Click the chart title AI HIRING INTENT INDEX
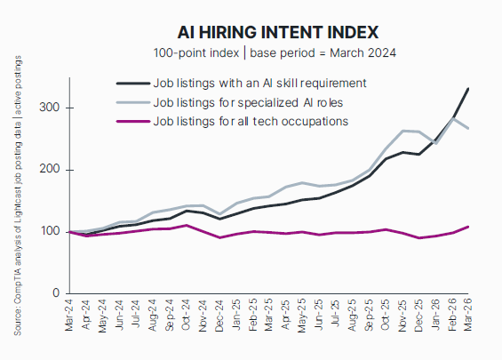(279, 31)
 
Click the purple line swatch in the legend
(133, 120)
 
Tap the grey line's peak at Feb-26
(454, 118)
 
